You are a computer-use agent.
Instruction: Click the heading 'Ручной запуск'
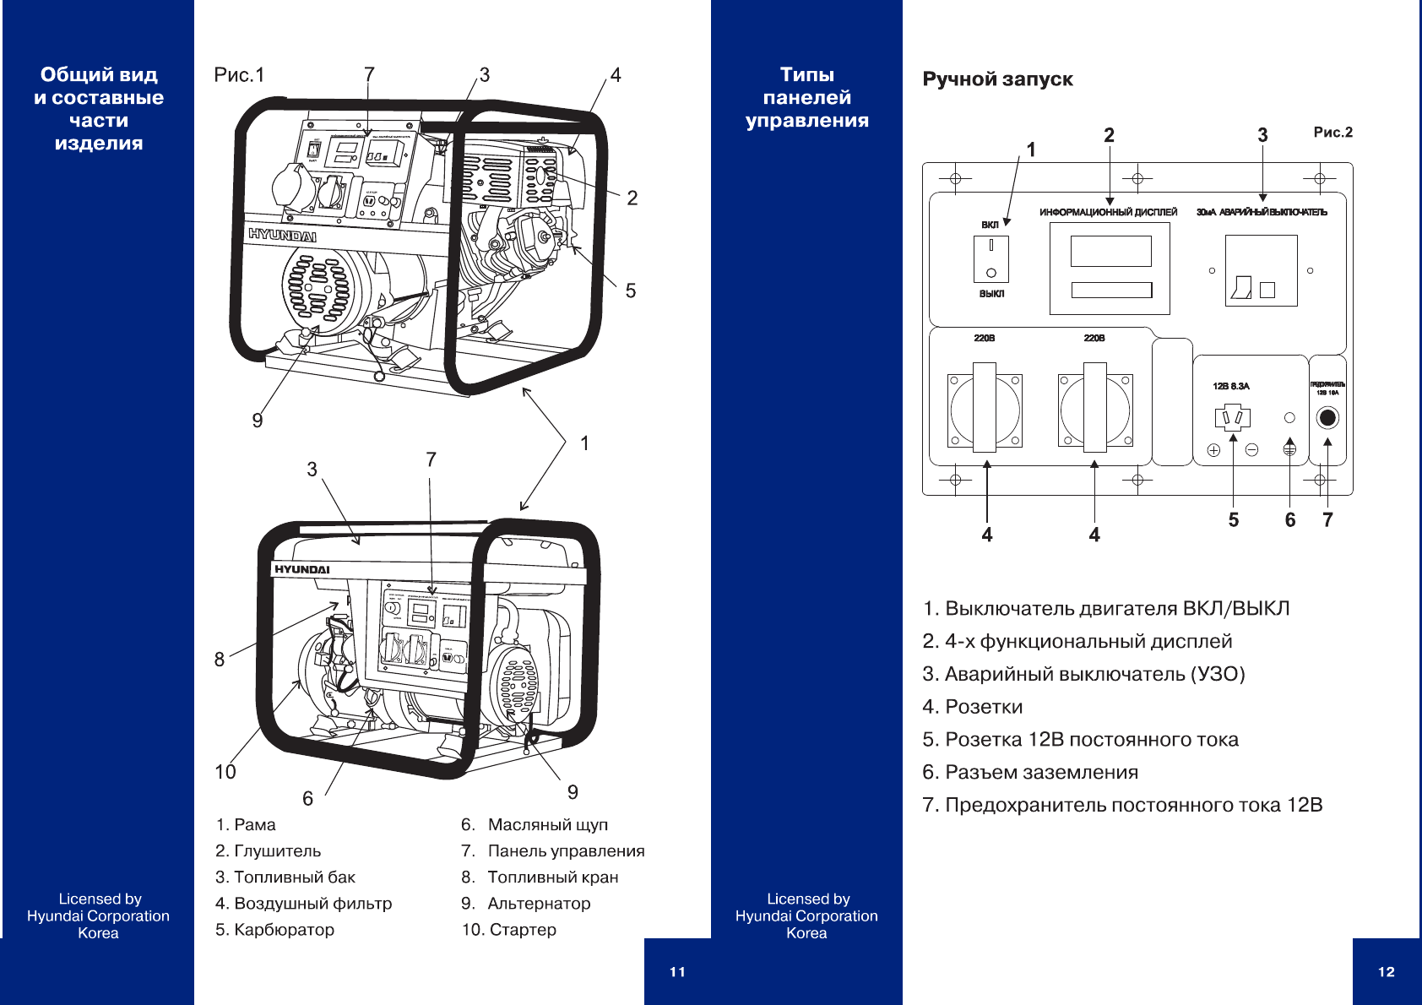pyautogui.click(x=997, y=79)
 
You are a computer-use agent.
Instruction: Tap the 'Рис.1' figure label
pyautogui.click(x=239, y=75)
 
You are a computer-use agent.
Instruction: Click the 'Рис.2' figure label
pyautogui.click(x=1332, y=132)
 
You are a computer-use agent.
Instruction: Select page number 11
pyautogui.click(x=677, y=972)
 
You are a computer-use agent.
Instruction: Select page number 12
pyautogui.click(x=1386, y=972)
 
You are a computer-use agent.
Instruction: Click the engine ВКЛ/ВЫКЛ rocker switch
pyautogui.click(x=991, y=258)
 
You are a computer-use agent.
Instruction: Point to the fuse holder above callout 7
pyautogui.click(x=1327, y=417)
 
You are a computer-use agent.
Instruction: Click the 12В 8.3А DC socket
pyautogui.click(x=1232, y=417)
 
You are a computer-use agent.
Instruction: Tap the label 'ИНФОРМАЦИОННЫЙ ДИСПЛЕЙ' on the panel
pyautogui.click(x=1108, y=212)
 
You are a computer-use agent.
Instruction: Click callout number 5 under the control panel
pyautogui.click(x=1234, y=520)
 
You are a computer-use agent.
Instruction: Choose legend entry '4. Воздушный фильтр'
pyautogui.click(x=303, y=904)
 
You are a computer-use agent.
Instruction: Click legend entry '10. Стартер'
pyautogui.click(x=508, y=930)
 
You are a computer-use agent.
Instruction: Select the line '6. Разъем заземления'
pyautogui.click(x=1030, y=773)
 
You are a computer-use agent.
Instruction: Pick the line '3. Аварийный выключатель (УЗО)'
pyautogui.click(x=1083, y=674)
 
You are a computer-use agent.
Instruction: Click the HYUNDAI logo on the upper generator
pyautogui.click(x=282, y=235)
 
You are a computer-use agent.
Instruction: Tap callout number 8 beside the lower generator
pyautogui.click(x=220, y=659)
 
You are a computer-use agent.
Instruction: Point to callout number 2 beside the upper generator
pyautogui.click(x=632, y=198)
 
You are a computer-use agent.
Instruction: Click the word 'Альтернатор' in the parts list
pyautogui.click(x=539, y=904)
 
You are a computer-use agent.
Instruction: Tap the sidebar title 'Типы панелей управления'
pyautogui.click(x=807, y=97)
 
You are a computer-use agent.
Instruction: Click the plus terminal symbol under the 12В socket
pyautogui.click(x=1213, y=450)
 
